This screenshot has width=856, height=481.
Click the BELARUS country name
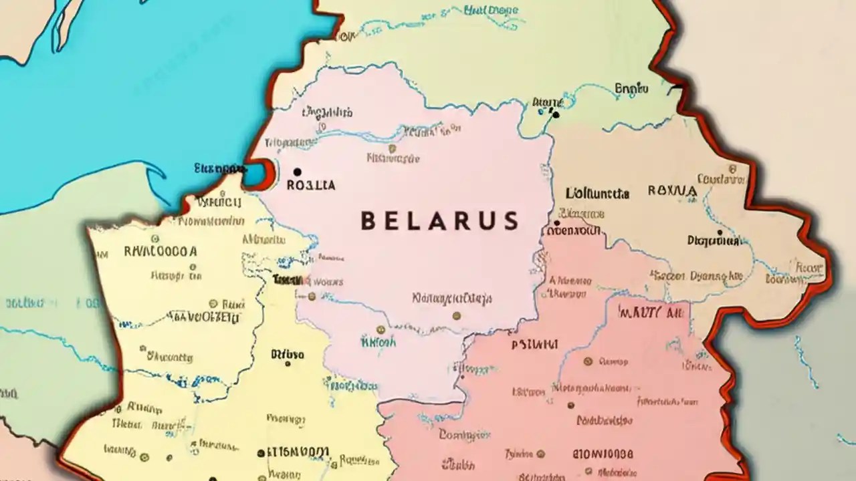tap(439, 220)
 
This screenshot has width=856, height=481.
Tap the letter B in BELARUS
tap(367, 221)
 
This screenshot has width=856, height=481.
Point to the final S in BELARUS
tap(511, 221)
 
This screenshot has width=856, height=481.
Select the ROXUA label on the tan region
tap(672, 191)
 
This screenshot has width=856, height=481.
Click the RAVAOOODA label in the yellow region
tap(160, 252)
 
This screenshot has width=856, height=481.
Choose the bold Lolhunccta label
tap(597, 194)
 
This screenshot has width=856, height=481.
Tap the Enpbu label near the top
tap(631, 88)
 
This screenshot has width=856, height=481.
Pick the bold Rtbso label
tap(288, 355)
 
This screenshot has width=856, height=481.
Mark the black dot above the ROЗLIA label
tap(297, 172)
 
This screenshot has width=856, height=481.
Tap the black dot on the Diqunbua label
tap(720, 234)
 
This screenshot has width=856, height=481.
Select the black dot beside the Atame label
tap(555, 115)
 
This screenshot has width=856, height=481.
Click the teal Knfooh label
tap(378, 343)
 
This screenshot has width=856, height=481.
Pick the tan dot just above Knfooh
tap(381, 329)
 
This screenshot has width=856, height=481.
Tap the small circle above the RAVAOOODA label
tap(155, 238)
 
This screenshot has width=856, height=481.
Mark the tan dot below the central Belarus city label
tap(456, 315)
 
